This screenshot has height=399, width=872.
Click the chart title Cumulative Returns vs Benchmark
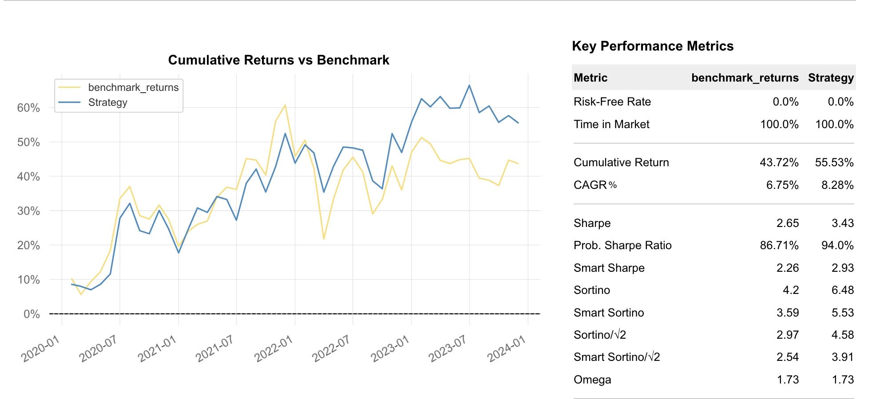[x=278, y=60]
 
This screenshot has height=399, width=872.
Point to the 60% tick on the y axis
[x=28, y=108]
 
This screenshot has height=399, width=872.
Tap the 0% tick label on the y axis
[x=32, y=314]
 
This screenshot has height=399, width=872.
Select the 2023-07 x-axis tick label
[x=448, y=348]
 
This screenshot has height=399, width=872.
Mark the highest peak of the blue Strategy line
[x=469, y=86]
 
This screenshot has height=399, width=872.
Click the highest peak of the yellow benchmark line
[x=285, y=105]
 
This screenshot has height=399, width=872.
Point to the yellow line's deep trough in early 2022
[x=324, y=239]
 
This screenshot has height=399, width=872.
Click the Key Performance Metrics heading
[x=653, y=46]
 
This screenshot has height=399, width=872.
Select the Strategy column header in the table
[x=831, y=78]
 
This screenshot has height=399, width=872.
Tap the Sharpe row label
[x=592, y=223]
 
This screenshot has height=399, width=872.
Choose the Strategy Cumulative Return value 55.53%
[x=834, y=162]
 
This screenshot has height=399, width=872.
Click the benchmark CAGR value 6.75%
[x=782, y=185]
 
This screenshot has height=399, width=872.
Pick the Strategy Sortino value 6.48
[x=843, y=290]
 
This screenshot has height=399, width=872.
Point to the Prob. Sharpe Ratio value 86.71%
[x=779, y=245]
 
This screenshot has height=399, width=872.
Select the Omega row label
[x=592, y=379]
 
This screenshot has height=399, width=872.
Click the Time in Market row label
[x=611, y=124]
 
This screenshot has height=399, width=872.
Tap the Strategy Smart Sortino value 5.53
[x=843, y=313]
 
